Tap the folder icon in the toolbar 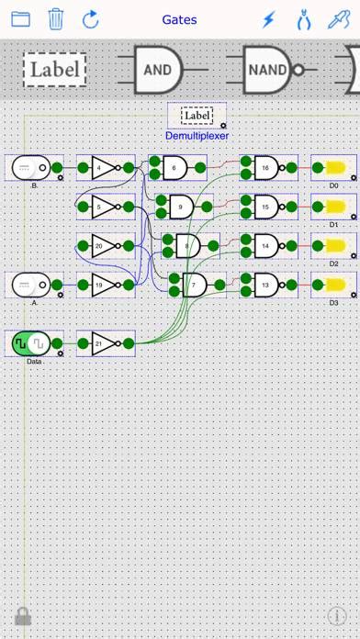click(20, 18)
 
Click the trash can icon click(56, 18)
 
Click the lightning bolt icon click(268, 18)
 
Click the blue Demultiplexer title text click(197, 136)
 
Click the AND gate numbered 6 click(174, 168)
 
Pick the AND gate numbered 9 click(181, 207)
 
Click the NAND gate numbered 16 click(266, 168)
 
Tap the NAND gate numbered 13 click(266, 286)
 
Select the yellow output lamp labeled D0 click(333, 168)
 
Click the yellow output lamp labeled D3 click(333, 286)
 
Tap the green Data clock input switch click(30, 344)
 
